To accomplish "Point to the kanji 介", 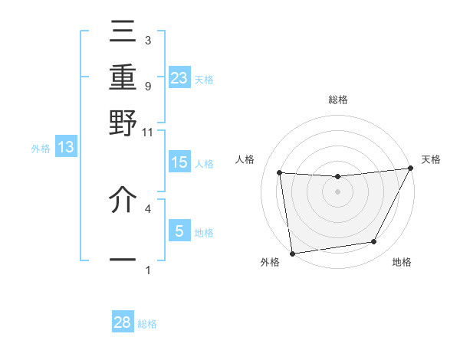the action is (123, 201).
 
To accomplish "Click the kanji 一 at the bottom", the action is (123, 260).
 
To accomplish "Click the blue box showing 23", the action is (179, 77).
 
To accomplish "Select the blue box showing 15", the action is (179, 162).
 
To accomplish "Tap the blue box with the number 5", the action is (179, 231).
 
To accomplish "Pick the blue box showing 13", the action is (66, 147).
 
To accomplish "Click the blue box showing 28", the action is (123, 322).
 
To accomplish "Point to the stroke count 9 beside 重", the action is (147, 85).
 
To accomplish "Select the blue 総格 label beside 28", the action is (147, 324).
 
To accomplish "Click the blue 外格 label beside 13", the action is (41, 149).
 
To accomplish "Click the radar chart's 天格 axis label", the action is (431, 159).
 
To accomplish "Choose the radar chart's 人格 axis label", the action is (245, 159).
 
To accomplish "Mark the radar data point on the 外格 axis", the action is (292, 253).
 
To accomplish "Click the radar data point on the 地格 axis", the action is (374, 242).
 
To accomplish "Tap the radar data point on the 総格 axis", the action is (337, 177).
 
